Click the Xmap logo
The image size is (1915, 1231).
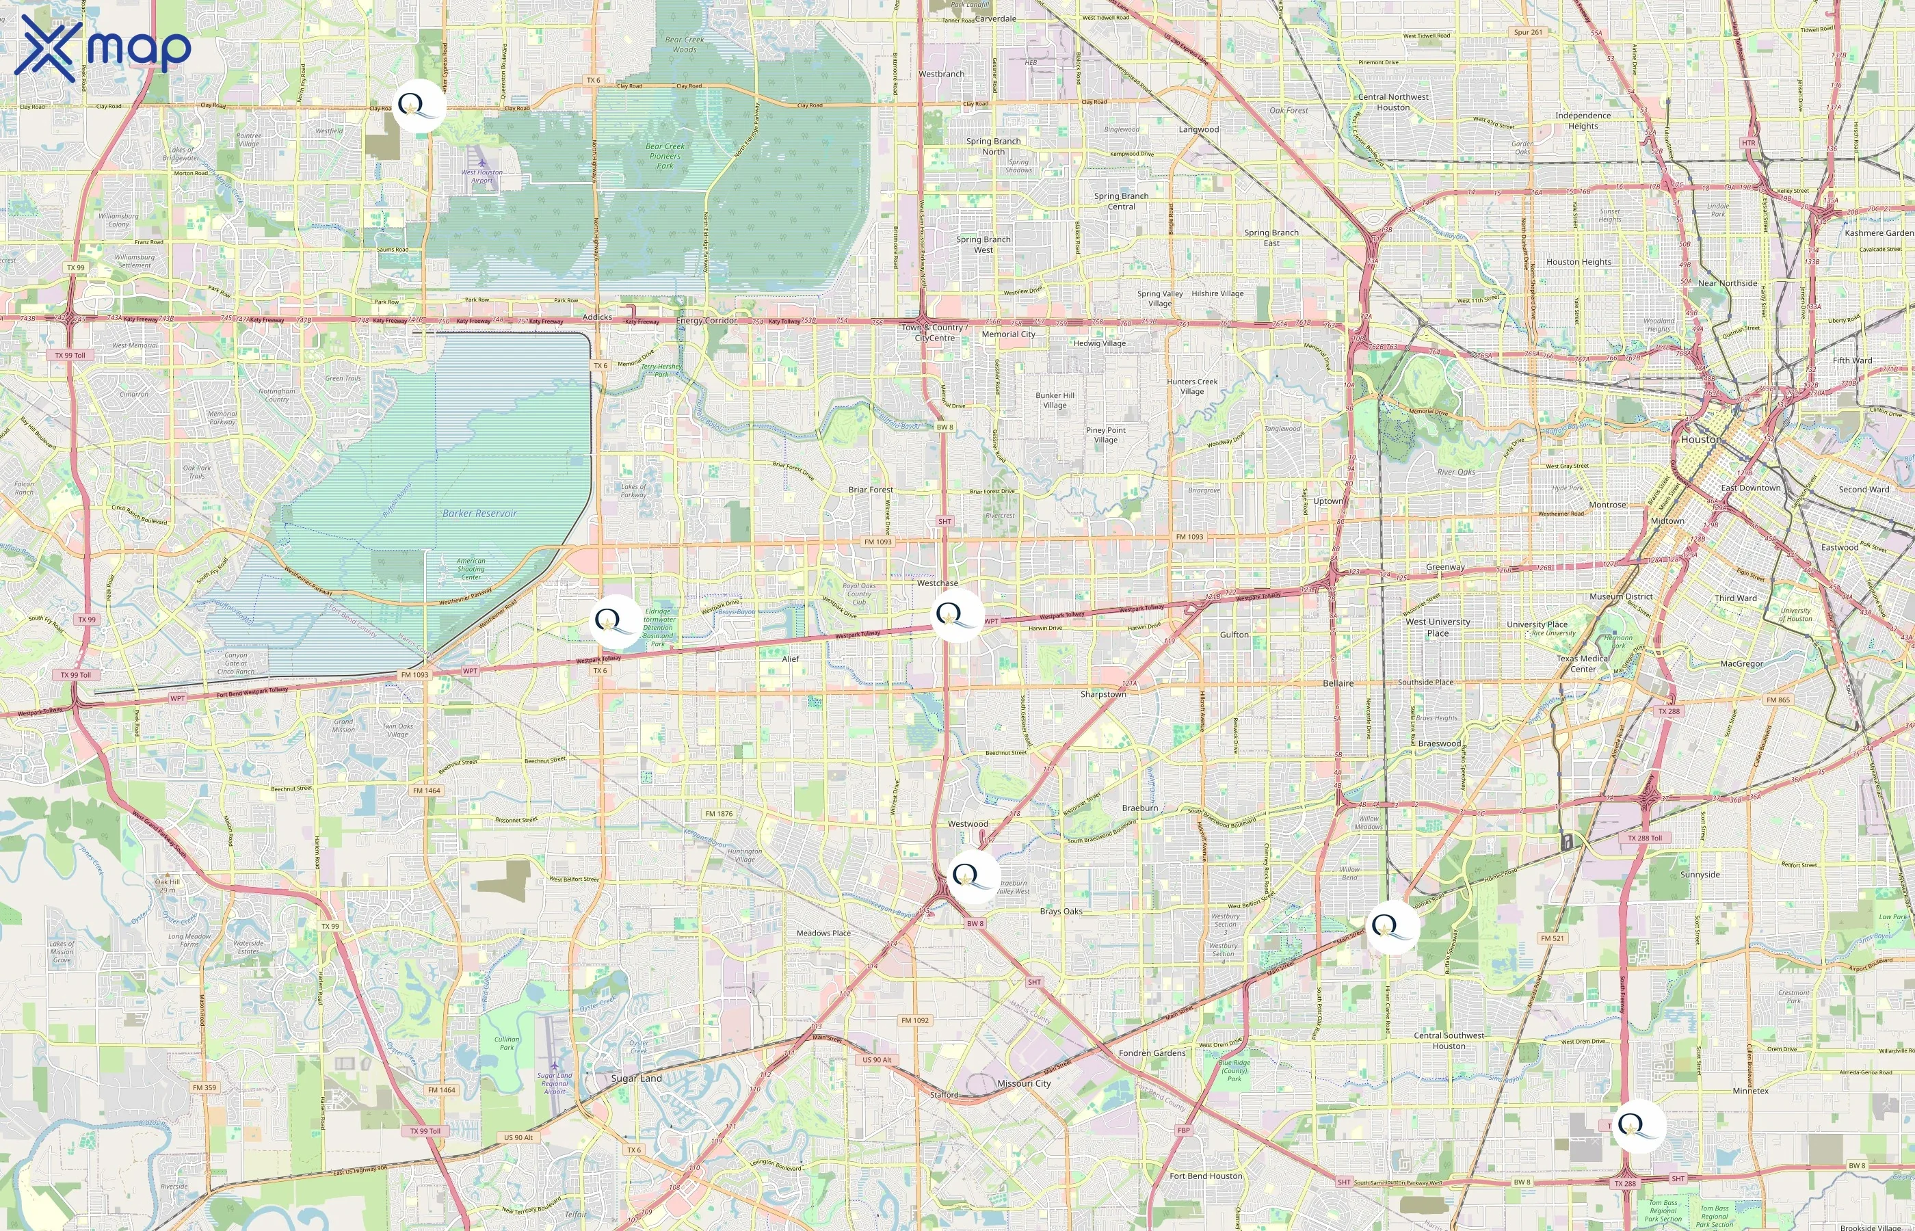click(x=103, y=48)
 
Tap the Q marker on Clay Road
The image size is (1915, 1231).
click(x=419, y=105)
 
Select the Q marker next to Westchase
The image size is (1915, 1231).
click(x=957, y=615)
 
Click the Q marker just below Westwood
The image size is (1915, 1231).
click(x=973, y=877)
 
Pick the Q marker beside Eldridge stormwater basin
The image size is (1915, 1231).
click(x=615, y=621)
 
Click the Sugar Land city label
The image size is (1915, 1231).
click(x=636, y=1078)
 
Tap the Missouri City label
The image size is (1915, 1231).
click(x=1024, y=1083)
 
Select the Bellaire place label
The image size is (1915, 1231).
click(x=1338, y=683)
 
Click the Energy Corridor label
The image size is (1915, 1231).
click(x=706, y=321)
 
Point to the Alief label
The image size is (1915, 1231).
click(x=791, y=659)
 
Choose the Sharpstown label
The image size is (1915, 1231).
click(x=1103, y=694)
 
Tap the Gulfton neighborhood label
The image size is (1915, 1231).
click(x=1234, y=635)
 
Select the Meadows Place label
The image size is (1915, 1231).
click(x=823, y=933)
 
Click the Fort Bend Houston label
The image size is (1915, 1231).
click(x=1205, y=1176)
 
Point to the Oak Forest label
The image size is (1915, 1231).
click(x=1289, y=110)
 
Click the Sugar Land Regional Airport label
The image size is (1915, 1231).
click(x=555, y=1083)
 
